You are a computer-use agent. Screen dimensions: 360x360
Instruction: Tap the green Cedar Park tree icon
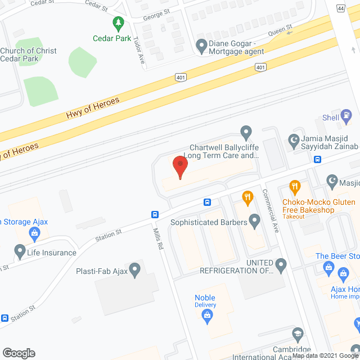point(118,24)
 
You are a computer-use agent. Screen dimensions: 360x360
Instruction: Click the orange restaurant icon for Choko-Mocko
point(294,186)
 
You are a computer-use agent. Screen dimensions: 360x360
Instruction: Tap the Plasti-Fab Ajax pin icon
point(135,270)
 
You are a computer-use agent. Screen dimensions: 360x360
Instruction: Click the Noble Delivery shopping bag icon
point(206,317)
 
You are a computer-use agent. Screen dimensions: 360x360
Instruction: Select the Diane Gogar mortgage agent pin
point(201,44)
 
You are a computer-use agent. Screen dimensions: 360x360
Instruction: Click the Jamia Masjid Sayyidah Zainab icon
point(292,139)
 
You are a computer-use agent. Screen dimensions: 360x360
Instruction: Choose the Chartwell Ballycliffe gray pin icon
point(245,133)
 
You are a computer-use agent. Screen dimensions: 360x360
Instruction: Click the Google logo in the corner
point(19,353)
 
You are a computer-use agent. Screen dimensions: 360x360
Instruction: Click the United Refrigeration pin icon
point(281,264)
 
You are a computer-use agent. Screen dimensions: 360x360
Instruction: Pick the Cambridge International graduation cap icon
point(298,335)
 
